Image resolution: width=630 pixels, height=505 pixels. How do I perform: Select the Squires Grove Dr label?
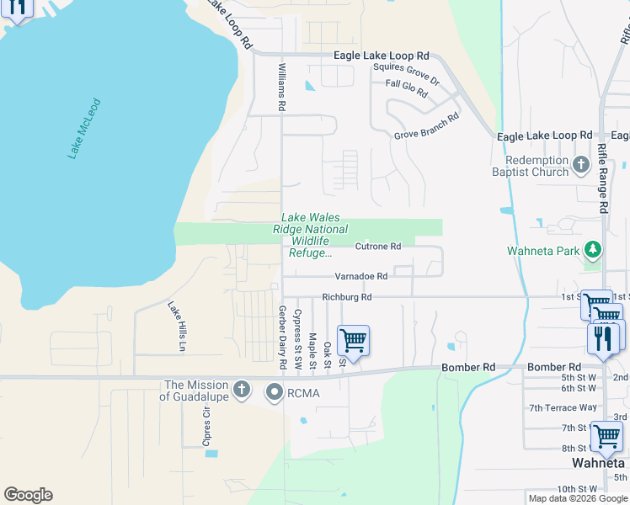[x=406, y=73]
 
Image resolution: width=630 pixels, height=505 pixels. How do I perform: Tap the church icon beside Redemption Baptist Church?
[x=581, y=164]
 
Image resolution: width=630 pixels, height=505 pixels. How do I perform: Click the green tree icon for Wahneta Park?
[x=593, y=250]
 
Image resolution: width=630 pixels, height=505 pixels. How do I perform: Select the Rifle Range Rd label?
[x=602, y=177]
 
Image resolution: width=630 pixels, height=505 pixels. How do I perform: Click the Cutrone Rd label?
[x=377, y=247]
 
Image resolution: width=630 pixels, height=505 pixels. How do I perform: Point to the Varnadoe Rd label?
[x=360, y=276]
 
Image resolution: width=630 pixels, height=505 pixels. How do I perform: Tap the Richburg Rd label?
[x=346, y=297]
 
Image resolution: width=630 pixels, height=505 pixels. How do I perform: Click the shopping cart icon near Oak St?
[x=353, y=341]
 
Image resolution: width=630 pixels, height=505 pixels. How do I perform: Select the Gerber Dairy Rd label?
[x=282, y=336]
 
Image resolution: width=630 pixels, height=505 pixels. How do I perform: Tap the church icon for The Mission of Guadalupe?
[x=242, y=389]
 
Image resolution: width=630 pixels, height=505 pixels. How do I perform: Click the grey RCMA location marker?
[x=275, y=392]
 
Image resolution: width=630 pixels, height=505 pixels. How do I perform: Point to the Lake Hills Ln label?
[x=177, y=326]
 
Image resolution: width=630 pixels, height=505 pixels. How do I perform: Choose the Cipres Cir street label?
[x=205, y=426]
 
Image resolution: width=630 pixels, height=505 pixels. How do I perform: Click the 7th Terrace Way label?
[x=563, y=407]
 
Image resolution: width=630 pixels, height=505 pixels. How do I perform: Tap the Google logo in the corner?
[x=28, y=495]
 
